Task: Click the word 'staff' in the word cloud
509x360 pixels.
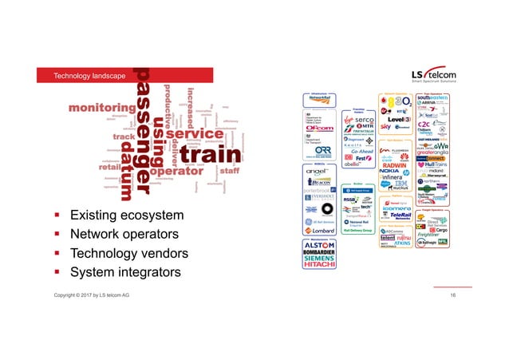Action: [230, 169]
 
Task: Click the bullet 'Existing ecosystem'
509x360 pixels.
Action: [126, 216]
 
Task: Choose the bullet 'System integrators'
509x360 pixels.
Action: [125, 273]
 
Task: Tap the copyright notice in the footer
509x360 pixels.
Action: [92, 296]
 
